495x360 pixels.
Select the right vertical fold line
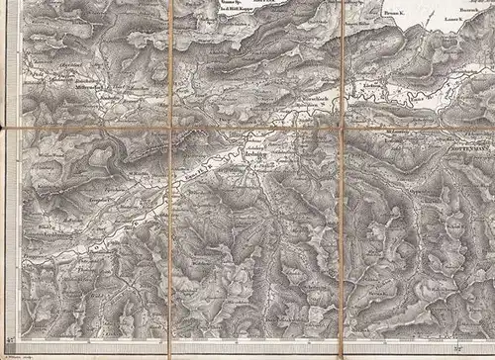[x=342, y=247]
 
